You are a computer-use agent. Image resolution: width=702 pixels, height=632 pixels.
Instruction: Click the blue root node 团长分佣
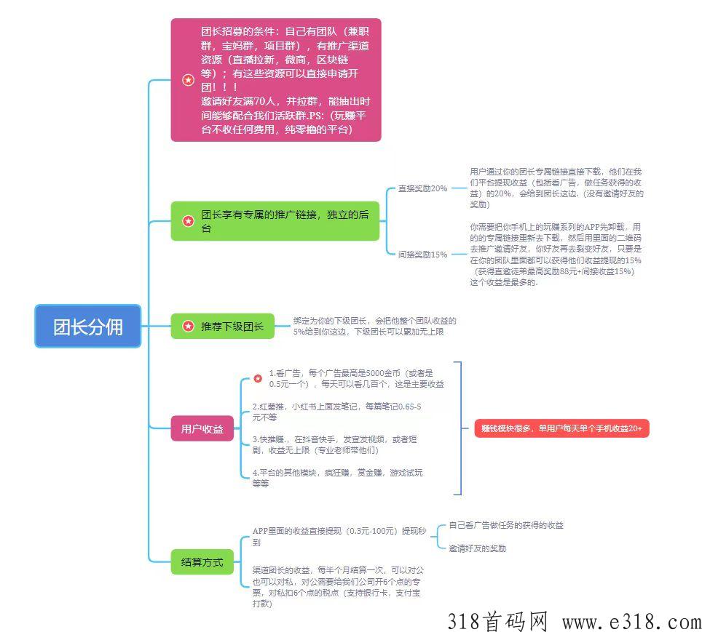(87, 326)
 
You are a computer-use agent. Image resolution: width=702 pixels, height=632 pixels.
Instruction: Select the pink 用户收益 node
(202, 428)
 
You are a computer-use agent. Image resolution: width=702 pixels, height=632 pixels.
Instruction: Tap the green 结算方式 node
(202, 561)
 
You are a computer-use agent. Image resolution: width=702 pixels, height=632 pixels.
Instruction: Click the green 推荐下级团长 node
(223, 326)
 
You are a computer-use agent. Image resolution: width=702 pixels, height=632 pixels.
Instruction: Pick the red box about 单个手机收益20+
(561, 428)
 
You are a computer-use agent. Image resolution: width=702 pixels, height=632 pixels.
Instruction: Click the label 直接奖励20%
(422, 188)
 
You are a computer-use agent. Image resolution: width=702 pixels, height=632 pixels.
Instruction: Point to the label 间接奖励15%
(422, 255)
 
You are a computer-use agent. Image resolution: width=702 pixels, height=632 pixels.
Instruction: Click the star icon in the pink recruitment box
(188, 80)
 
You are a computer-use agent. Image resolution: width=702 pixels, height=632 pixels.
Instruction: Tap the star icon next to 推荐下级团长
(188, 326)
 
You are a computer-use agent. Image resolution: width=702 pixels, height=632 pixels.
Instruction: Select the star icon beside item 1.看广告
(258, 378)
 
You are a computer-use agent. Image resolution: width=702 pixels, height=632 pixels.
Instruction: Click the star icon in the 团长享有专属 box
(188, 221)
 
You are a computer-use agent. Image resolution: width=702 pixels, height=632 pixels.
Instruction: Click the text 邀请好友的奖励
(477, 548)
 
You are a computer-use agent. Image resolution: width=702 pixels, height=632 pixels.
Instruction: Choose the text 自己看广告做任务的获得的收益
(506, 525)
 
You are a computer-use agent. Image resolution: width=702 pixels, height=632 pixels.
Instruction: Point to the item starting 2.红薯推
(336, 412)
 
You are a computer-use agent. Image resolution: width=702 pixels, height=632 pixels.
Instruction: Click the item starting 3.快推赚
(334, 444)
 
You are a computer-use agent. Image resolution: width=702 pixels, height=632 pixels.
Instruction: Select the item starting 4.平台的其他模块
(337, 478)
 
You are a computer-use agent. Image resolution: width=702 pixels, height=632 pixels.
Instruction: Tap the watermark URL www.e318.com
(631, 622)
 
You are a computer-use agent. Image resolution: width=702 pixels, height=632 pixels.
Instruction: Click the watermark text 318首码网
(497, 622)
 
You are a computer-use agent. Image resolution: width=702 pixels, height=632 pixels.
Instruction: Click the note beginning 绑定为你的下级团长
(375, 326)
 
